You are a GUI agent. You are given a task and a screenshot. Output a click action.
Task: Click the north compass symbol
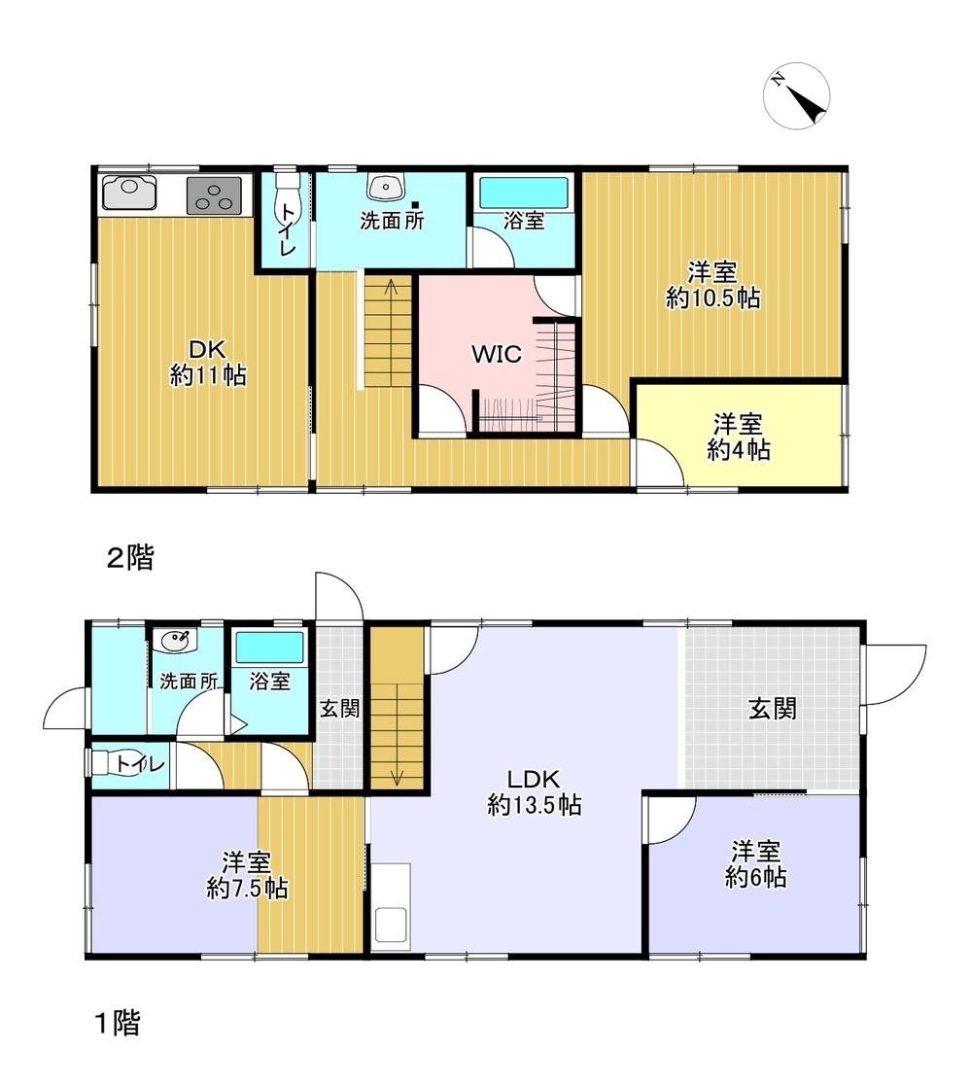[x=797, y=95]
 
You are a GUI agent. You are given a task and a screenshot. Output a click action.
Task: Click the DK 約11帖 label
[x=208, y=364]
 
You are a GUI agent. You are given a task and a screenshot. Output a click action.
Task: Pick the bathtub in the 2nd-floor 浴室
[x=524, y=190]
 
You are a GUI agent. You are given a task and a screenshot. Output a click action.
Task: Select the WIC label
[x=497, y=355]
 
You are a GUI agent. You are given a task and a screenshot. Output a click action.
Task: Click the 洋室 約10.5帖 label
[x=711, y=285]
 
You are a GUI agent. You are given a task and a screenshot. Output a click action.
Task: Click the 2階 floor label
[x=129, y=558]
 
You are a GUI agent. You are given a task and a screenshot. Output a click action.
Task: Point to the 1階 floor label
[x=117, y=1023]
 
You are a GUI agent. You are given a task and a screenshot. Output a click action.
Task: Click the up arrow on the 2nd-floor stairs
[x=391, y=288]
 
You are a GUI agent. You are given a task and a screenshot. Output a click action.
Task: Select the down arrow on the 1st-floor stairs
[x=398, y=775]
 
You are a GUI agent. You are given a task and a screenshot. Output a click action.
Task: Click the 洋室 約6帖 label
[x=755, y=864]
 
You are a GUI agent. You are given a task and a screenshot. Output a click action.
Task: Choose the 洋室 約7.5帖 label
[x=246, y=875]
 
